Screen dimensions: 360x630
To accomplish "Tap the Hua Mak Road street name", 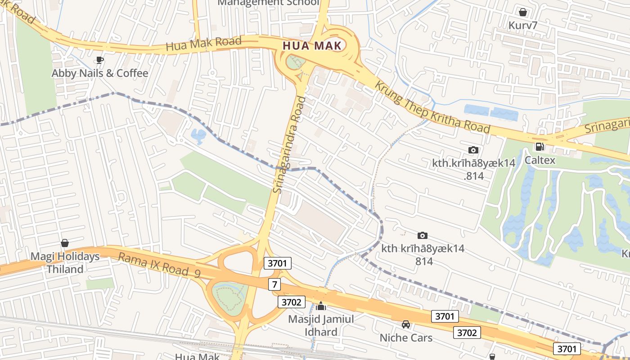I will pos(203,44).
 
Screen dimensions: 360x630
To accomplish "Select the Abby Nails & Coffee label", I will pos(100,73).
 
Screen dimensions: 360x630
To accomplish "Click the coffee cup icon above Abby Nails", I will pos(100,60).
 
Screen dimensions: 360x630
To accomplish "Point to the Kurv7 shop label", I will pos(523,25).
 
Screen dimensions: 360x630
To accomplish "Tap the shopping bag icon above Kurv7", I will pos(523,12).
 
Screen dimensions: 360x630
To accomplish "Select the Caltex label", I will pos(540,160).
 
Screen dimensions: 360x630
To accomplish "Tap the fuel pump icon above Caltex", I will pos(540,147).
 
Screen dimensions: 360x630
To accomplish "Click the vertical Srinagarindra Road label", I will pos(289,145).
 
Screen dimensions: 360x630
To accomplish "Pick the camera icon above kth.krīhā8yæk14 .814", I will pos(473,150).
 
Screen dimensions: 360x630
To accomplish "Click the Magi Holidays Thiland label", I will pos(65,263).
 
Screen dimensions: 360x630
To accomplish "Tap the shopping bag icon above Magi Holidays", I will pos(65,243).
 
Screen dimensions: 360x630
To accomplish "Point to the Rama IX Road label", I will pos(153,264).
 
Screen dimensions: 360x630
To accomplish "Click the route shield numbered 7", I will pos(275,284).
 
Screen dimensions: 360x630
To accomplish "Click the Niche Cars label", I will pos(406,337).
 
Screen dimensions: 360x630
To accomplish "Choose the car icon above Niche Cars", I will pos(406,324).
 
